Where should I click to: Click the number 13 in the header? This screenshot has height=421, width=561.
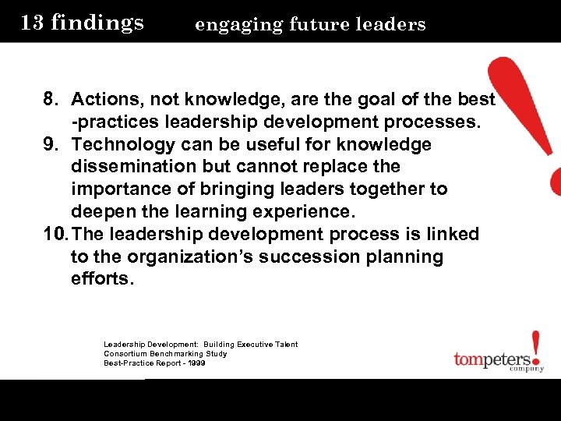tap(32, 22)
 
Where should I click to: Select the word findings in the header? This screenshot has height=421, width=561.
tap(97, 23)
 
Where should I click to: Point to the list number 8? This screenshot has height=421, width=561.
tap(51, 100)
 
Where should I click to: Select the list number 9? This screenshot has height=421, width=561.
tap(51, 145)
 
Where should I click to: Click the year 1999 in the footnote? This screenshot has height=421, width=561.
tap(196, 363)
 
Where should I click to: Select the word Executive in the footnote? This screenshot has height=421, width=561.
tap(248, 345)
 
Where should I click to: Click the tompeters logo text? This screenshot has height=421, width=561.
tap(498, 360)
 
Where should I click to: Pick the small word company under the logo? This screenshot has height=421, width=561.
tap(527, 370)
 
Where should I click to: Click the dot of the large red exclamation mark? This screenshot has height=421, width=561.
tap(554, 182)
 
